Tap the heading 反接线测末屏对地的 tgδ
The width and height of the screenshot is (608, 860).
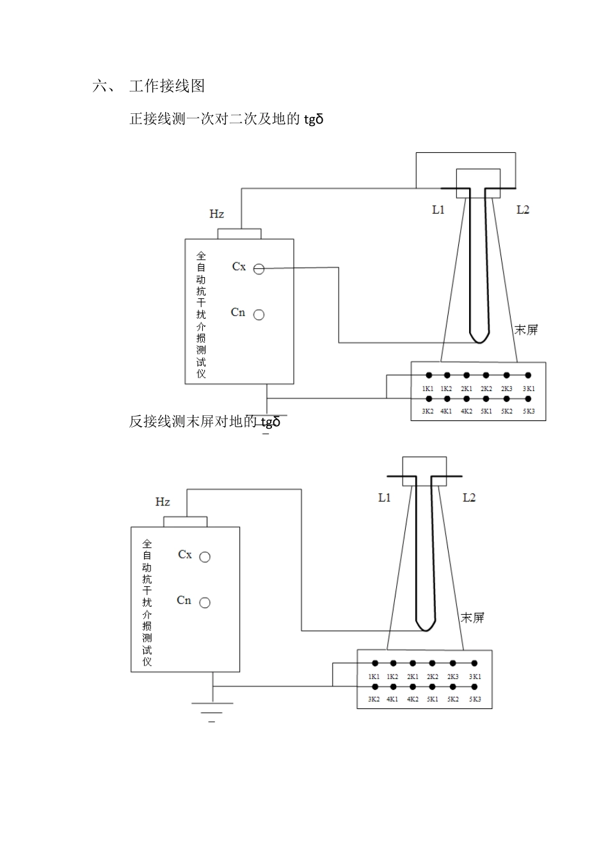point(205,422)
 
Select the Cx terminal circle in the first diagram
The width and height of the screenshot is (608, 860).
point(259,269)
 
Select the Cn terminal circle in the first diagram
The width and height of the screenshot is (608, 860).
point(259,315)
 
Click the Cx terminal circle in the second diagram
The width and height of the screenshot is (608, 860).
point(205,557)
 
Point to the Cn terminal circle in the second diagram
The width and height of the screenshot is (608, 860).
point(205,603)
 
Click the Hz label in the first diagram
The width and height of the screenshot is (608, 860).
point(217,214)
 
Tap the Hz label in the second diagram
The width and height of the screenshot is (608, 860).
point(163,502)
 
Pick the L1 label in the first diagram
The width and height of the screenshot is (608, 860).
point(438,210)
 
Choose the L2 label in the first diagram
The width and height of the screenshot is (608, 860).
point(523,210)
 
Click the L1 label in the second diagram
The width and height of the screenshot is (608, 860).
point(385,498)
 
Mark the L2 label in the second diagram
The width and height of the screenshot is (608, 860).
point(469,498)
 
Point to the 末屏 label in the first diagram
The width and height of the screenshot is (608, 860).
point(527,330)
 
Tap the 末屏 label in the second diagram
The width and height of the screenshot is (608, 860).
point(473,617)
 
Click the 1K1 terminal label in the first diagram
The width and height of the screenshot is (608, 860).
point(428,389)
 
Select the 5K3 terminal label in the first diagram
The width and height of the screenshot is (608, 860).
point(529,411)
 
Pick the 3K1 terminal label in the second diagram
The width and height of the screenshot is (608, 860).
point(475,677)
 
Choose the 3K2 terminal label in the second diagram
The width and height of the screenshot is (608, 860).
point(374,699)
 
